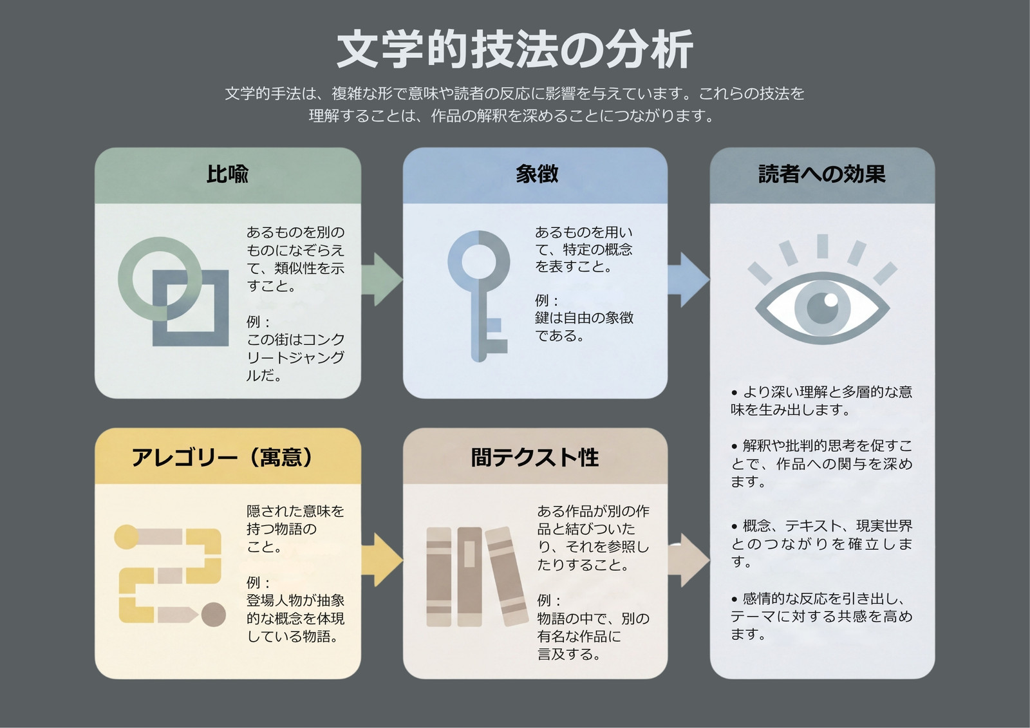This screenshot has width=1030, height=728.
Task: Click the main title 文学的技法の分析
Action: coord(514,49)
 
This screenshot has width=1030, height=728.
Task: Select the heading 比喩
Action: coord(227,174)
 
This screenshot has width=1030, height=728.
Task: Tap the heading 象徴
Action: coord(537,174)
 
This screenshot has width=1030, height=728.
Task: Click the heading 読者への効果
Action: coord(821,174)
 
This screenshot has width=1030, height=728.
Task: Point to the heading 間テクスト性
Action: coord(535,458)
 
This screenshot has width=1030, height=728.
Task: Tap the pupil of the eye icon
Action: coord(823,307)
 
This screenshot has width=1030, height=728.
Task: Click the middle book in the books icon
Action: coord(469,577)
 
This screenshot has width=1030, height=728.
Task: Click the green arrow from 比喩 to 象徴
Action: coord(382,279)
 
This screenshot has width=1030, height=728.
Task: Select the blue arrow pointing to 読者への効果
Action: coord(688,279)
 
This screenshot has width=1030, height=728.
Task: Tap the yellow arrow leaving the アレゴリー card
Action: coord(382,560)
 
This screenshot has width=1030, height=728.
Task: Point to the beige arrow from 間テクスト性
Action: coord(688,560)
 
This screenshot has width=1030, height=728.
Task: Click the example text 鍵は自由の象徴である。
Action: coord(584,326)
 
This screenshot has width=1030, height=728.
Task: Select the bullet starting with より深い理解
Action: coord(821,400)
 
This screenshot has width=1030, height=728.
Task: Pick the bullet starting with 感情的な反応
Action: coord(821,616)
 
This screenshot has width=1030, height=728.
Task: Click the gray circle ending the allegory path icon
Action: coord(214,615)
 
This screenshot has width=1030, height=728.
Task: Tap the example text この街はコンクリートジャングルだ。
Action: coord(295,357)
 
